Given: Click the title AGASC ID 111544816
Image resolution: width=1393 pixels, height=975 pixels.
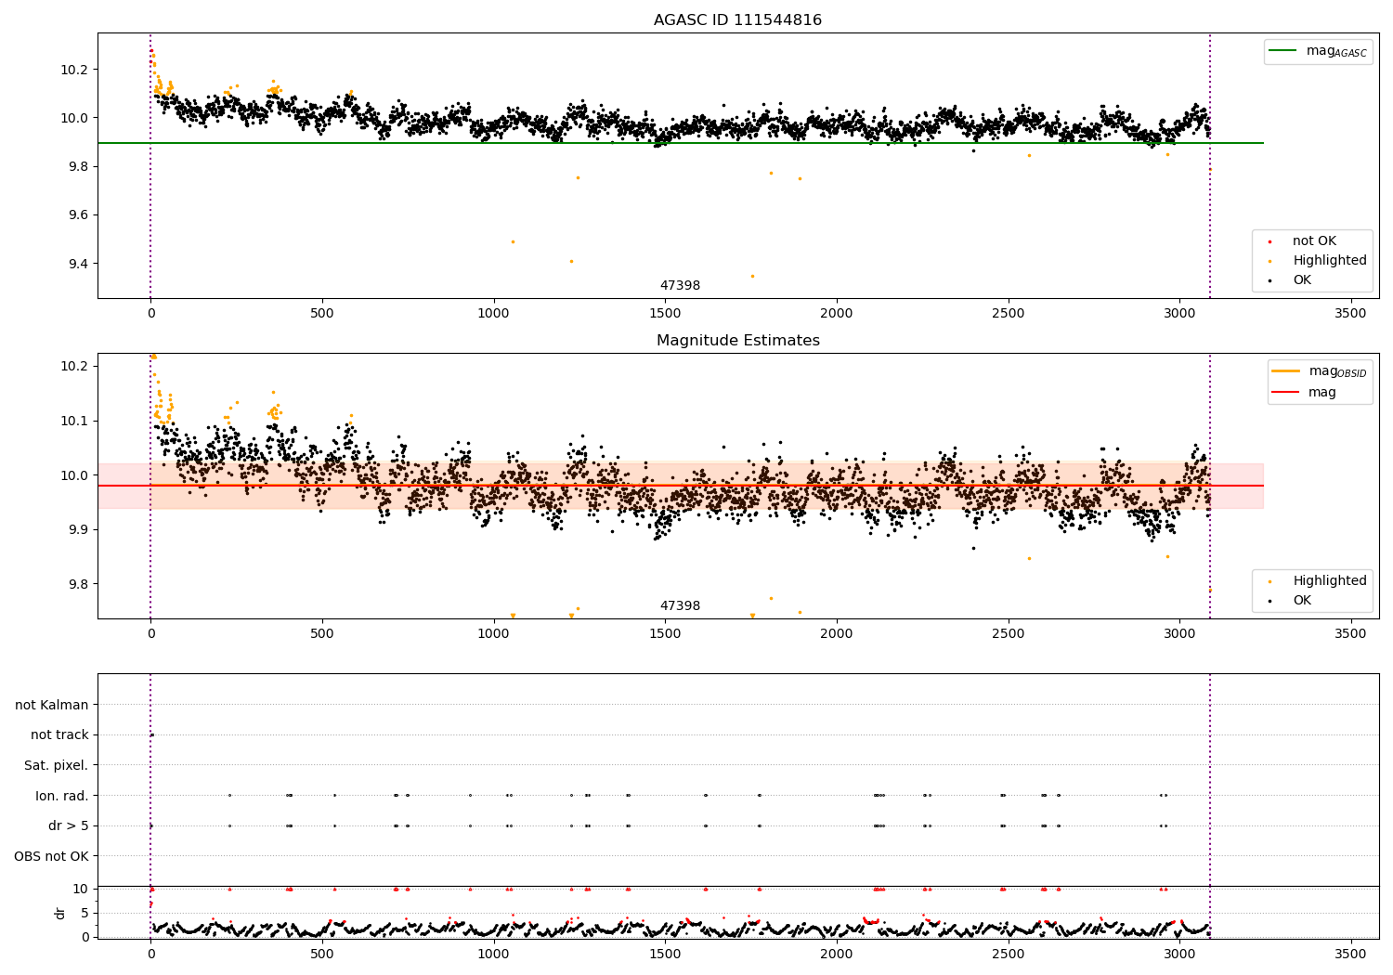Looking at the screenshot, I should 737,20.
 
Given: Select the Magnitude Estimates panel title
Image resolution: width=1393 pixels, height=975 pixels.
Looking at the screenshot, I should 737,341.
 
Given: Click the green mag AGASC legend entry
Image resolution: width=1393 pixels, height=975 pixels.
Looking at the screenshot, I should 1316,51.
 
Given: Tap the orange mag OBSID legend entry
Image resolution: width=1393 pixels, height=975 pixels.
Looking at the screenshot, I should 1320,371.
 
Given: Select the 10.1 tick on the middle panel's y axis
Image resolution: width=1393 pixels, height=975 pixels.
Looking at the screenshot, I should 74,421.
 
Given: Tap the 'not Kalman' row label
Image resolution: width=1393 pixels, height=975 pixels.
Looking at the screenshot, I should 52,705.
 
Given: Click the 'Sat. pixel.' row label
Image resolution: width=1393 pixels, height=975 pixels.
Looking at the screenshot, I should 56,765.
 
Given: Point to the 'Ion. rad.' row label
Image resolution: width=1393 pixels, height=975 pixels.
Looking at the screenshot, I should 61,796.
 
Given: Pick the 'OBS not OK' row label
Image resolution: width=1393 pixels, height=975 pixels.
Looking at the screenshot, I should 51,856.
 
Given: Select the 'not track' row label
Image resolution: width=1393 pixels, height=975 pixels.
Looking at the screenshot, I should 59,735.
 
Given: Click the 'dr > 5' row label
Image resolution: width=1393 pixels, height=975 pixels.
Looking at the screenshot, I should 68,825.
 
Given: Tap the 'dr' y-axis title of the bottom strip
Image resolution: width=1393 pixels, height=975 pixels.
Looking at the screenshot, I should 60,913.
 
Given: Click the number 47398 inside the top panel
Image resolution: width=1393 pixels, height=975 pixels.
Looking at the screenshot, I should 680,286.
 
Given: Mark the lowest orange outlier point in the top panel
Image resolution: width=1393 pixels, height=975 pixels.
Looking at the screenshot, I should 752,276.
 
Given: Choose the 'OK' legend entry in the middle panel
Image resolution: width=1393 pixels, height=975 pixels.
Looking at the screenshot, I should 1301,601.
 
